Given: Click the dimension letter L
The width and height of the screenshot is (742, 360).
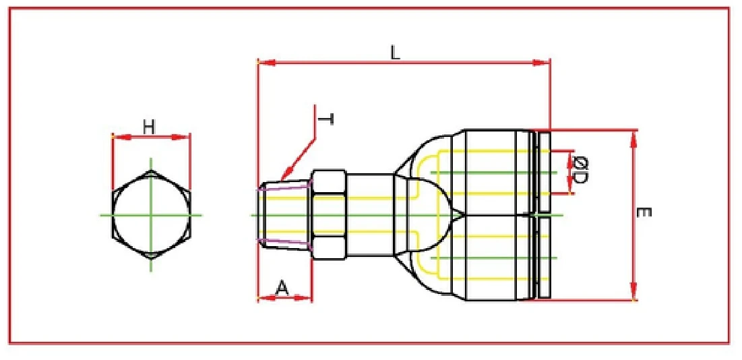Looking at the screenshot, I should click(396, 53).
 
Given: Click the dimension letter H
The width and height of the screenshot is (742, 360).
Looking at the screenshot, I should click(149, 125).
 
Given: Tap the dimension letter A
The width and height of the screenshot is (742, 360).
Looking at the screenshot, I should click(283, 288).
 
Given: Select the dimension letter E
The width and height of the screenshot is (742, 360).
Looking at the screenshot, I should click(644, 213).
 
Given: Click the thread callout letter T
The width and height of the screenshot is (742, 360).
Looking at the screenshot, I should click(326, 119).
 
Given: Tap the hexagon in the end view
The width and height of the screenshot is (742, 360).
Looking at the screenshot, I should click(151, 215).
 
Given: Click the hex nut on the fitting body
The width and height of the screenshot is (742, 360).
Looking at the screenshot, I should click(329, 215).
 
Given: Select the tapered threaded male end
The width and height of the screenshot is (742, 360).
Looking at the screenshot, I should click(284, 215).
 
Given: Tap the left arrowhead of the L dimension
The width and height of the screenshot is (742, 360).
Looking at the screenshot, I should click(265, 63).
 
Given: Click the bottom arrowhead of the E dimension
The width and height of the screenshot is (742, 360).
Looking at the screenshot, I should click(633, 293).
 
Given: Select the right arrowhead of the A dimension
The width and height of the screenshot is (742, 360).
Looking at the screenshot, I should click(306, 297).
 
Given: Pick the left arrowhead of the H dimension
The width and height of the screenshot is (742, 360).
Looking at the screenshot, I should click(118, 137).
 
